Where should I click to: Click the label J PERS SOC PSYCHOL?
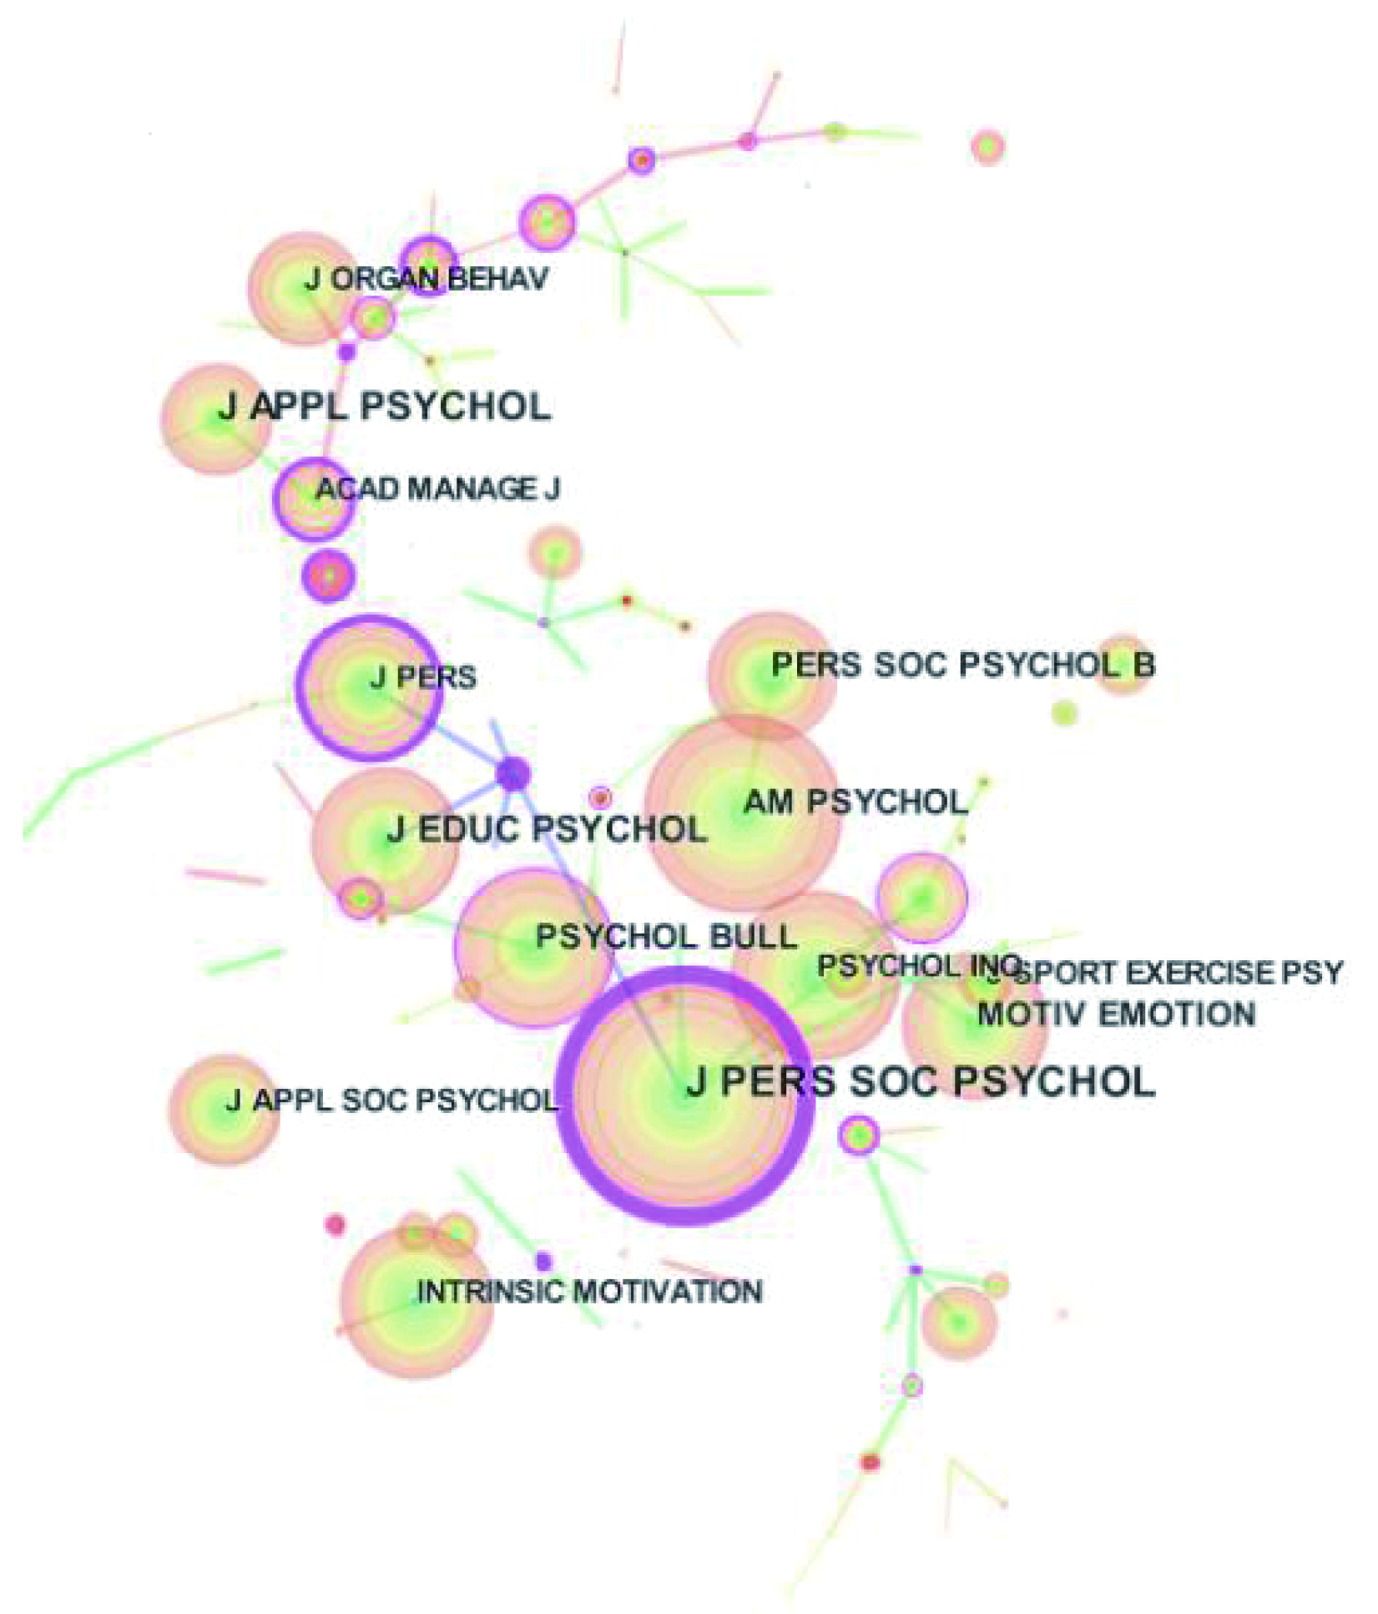click(921, 1082)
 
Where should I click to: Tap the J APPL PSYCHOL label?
click(385, 407)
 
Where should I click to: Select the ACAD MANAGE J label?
click(437, 488)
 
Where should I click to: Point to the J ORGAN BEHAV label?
click(427, 279)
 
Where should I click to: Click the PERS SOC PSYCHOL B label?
click(963, 665)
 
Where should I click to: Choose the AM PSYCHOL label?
click(856, 802)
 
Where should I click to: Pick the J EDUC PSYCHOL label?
click(547, 830)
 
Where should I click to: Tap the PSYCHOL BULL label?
click(666, 937)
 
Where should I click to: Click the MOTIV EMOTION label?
click(1116, 1014)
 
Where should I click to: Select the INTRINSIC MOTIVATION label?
click(589, 1292)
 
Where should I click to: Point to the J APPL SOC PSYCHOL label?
click(391, 1100)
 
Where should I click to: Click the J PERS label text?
click(423, 677)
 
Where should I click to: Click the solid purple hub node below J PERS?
click(512, 774)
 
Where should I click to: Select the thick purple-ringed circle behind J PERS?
click(369, 688)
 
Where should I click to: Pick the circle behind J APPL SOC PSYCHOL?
click(224, 1110)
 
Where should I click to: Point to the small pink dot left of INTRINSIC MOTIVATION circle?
click(335, 1225)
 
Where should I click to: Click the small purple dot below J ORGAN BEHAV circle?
click(346, 352)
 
